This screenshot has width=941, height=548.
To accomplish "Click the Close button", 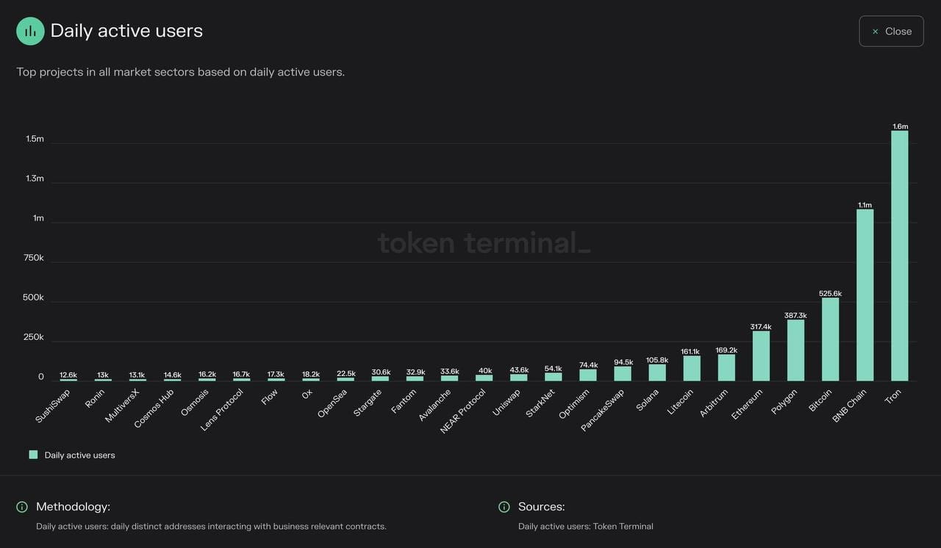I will point(891,32).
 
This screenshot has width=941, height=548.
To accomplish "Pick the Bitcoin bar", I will point(830,339).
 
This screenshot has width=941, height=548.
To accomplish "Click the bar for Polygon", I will point(795,350).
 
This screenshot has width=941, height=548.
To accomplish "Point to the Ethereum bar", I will point(761,356).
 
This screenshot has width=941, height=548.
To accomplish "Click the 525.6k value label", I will point(830,294).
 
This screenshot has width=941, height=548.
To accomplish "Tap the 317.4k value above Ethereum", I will point(761,327).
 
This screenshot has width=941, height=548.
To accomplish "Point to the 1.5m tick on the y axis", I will point(35,139).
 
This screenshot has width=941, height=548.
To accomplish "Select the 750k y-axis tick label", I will point(34,258).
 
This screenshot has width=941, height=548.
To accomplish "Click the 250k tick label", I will point(34,337).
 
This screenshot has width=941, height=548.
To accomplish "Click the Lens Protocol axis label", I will point(221,410).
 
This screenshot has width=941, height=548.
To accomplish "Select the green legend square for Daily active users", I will point(33,455).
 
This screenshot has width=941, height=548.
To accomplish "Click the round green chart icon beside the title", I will point(30,31).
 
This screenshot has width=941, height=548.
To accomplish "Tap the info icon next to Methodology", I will point(22,507).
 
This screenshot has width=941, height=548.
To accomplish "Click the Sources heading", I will point(541,507).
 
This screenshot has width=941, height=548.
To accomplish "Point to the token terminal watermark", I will point(484,242).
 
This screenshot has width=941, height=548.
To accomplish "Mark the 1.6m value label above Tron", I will point(900,126).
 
